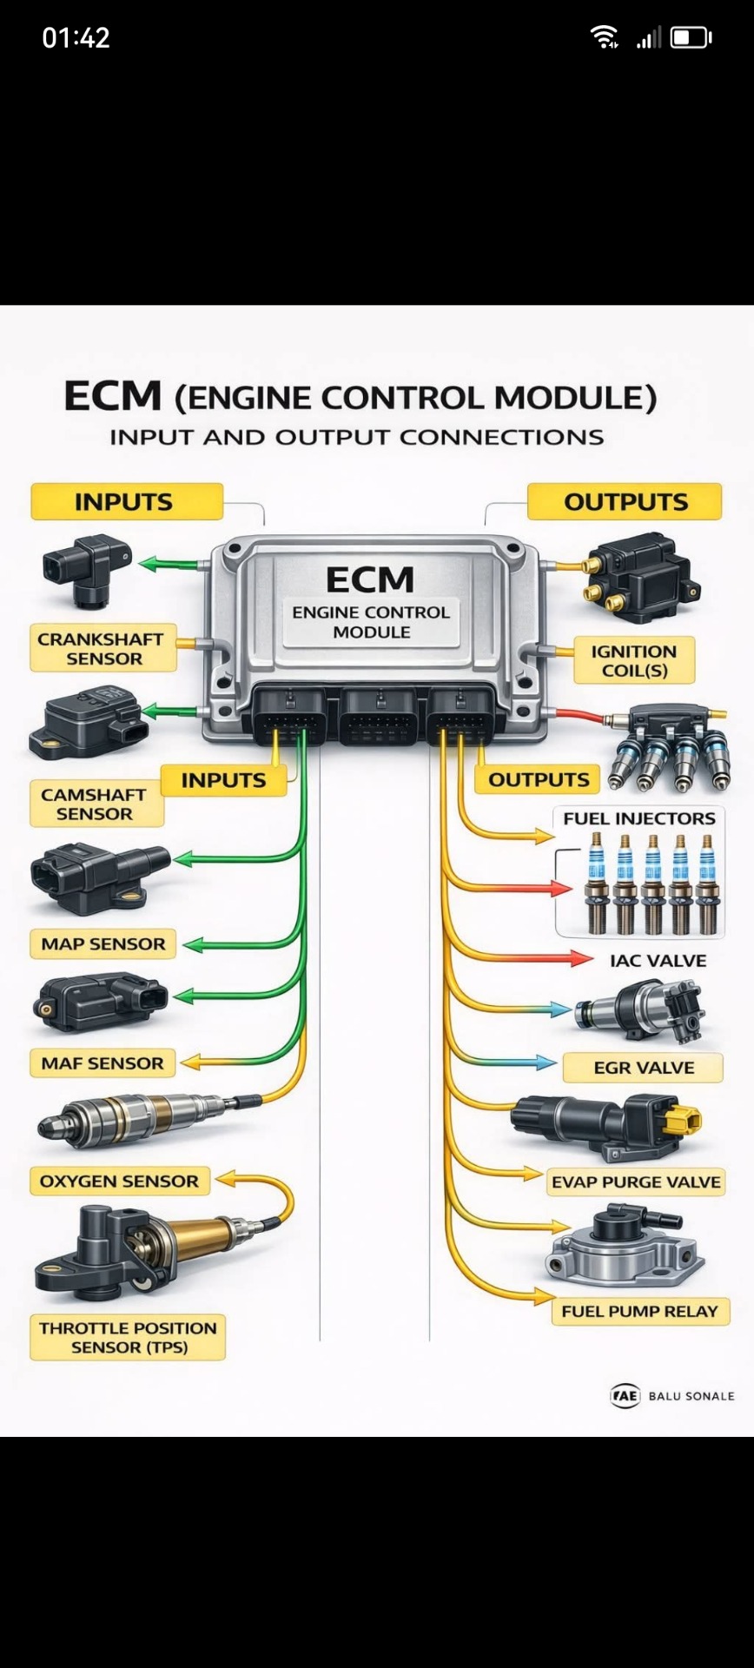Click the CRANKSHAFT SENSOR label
click(103, 648)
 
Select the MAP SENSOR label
click(103, 944)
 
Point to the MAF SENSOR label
click(102, 1063)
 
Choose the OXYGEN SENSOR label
click(119, 1181)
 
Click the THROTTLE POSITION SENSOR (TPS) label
click(128, 1337)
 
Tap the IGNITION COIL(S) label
click(633, 661)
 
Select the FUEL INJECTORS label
click(638, 818)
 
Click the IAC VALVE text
click(658, 961)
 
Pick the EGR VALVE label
click(643, 1068)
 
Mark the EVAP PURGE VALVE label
click(636, 1182)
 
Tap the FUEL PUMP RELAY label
click(639, 1312)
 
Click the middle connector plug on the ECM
click(377, 717)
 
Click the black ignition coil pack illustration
click(640, 578)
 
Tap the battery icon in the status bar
click(691, 37)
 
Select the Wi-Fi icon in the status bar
click(603, 36)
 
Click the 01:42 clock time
click(76, 37)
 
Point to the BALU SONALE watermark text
click(691, 1396)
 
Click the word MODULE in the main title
click(575, 398)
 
